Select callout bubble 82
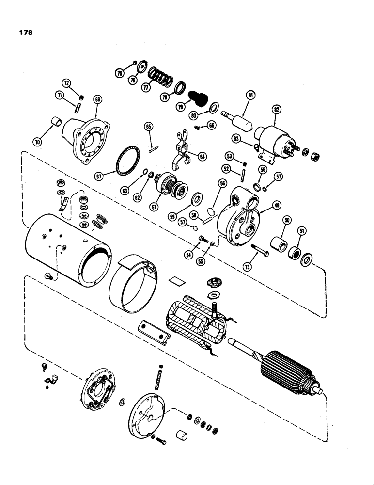click(277, 110)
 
